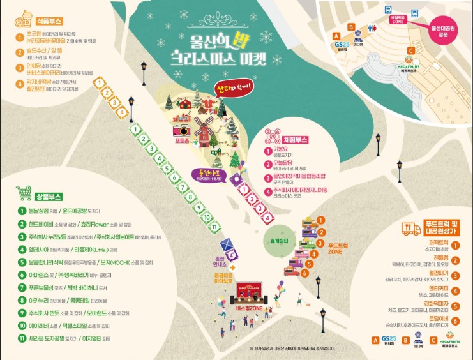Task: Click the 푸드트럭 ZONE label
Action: tap(336, 248)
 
